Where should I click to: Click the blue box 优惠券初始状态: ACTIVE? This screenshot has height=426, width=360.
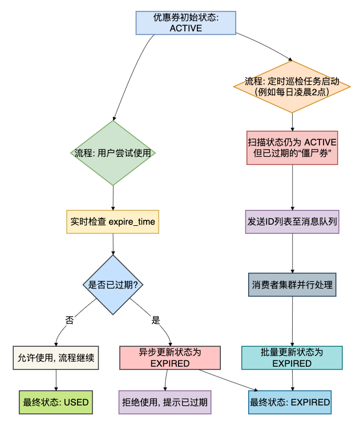(185, 23)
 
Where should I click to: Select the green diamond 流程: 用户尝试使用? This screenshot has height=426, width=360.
(114, 153)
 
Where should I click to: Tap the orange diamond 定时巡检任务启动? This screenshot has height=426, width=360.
(292, 87)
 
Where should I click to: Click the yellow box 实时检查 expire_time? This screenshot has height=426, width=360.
(112, 222)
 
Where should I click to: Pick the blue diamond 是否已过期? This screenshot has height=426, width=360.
(113, 285)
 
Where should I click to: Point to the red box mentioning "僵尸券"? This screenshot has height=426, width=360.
(292, 148)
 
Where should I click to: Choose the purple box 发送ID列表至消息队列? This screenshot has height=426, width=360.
(292, 222)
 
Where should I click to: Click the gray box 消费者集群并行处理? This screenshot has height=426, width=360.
(292, 284)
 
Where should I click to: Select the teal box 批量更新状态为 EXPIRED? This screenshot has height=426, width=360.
(292, 358)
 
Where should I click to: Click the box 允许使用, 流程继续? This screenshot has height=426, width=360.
(56, 358)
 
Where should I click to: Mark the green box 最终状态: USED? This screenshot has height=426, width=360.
(56, 402)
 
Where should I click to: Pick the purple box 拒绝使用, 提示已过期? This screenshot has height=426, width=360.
(165, 402)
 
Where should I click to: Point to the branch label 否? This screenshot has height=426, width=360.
(70, 320)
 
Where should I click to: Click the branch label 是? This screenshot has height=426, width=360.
(155, 320)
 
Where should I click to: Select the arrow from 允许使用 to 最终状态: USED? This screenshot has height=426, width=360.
(56, 380)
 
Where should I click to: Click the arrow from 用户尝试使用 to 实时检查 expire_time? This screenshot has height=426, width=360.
(113, 198)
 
